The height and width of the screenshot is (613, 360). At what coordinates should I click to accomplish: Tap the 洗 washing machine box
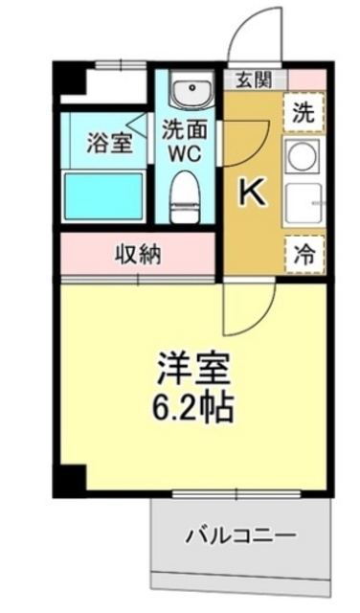[302, 111]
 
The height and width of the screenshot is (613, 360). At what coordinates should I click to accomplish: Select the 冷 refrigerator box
[303, 255]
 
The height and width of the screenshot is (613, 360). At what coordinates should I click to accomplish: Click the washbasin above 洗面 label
[190, 93]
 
